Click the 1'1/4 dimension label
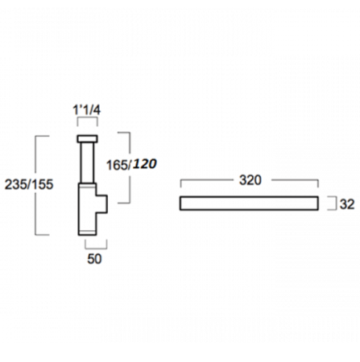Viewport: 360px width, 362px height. [x=87, y=110]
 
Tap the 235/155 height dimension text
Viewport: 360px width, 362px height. [x=29, y=184]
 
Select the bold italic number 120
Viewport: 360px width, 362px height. [x=145, y=163]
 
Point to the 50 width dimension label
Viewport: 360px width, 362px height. [x=94, y=259]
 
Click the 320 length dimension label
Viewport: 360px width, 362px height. [x=250, y=180]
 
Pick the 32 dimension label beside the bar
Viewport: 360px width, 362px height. [x=347, y=204]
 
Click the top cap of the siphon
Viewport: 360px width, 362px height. [x=88, y=139]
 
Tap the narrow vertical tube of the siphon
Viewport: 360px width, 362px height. [x=88, y=162]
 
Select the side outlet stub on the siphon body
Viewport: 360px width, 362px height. [x=102, y=204]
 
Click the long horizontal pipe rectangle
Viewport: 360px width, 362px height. [x=249, y=204]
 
